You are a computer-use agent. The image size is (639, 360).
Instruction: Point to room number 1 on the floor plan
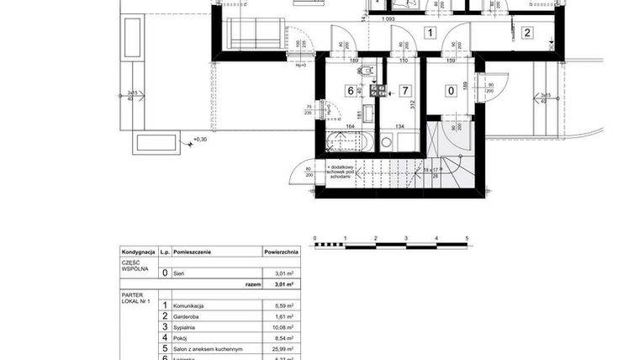click(x=430, y=34)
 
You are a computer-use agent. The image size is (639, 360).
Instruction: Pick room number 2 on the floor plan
click(x=527, y=34)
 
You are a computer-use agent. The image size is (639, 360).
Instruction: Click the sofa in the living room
click(x=257, y=34)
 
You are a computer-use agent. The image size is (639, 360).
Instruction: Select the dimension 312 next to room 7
click(x=414, y=104)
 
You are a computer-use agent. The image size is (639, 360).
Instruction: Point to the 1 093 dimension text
click(x=388, y=19)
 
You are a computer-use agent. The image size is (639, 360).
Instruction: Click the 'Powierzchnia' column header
click(x=281, y=251)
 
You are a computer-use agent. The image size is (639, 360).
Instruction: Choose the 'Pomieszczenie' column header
click(x=193, y=251)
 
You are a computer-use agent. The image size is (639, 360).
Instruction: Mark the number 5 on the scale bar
click(x=467, y=239)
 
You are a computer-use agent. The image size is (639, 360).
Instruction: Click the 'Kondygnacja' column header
click(x=139, y=251)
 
